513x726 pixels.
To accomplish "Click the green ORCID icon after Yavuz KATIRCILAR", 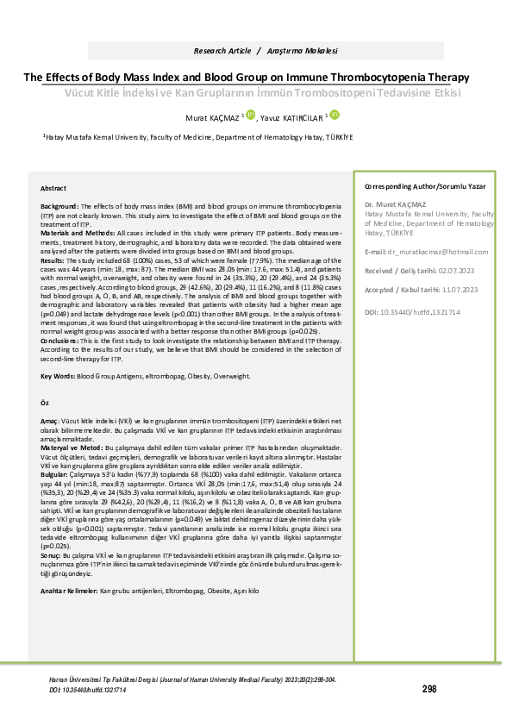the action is click(x=333, y=114).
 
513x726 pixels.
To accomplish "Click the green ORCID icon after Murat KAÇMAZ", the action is click(x=251, y=114).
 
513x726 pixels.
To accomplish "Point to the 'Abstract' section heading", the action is click(x=53, y=188).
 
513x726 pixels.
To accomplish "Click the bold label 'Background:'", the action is click(x=59, y=208).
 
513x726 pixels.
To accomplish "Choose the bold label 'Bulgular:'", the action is click(x=56, y=474).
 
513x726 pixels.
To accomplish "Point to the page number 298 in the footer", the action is click(x=429, y=688).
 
